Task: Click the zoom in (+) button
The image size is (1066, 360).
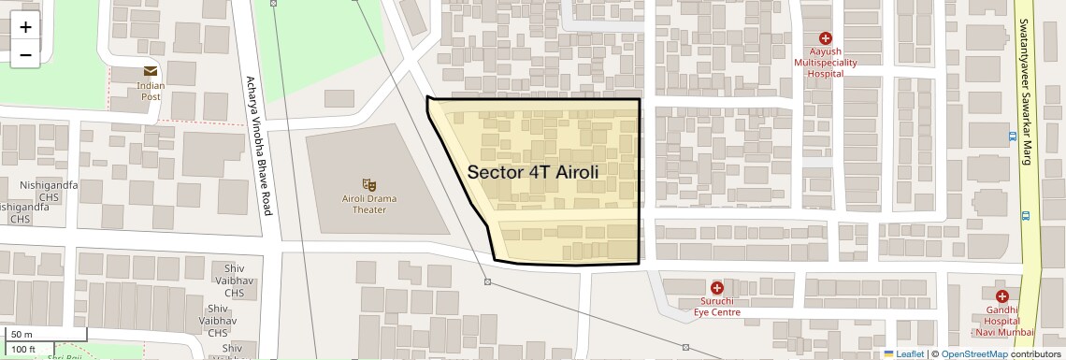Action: [25, 27]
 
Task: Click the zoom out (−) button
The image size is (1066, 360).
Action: [25, 54]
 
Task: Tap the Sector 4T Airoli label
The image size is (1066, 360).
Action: [532, 173]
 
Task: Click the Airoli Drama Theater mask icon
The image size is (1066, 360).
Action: [369, 184]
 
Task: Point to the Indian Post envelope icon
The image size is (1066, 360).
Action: [150, 71]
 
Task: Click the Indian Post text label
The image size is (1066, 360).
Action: [151, 91]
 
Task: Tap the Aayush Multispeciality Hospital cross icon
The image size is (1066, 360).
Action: [826, 38]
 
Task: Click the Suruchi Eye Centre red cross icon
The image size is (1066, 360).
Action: [717, 287]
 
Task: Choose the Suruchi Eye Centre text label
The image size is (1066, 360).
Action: [716, 307]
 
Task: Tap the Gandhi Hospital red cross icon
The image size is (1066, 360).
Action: [1001, 296]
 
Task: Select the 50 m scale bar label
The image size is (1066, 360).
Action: [22, 334]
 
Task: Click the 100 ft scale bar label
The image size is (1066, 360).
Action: [25, 349]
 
